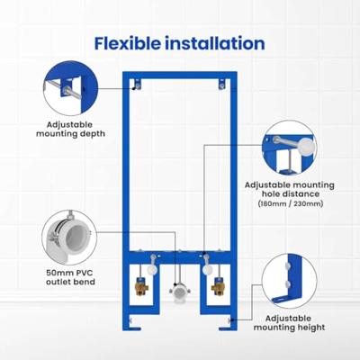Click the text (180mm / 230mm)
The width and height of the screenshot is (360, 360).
coord(290,204)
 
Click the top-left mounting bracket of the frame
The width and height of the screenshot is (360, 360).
coord(136,85)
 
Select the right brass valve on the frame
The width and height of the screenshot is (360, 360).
coord(215,291)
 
